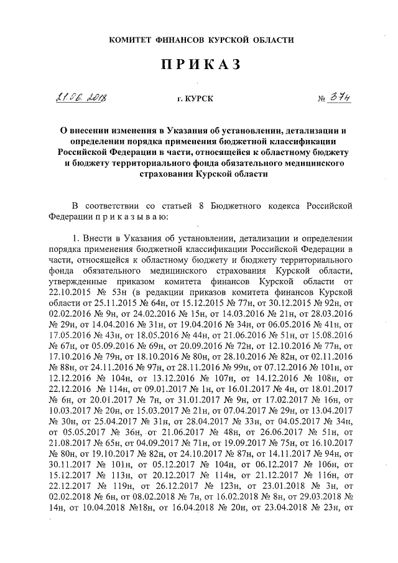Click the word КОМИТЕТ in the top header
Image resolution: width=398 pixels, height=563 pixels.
[132, 39]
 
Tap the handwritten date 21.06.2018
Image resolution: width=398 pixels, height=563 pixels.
[81, 98]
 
